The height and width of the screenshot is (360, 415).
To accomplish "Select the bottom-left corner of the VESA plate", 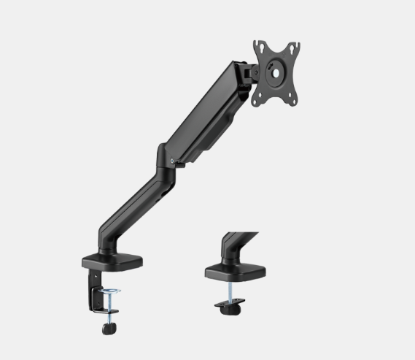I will tap(257, 101).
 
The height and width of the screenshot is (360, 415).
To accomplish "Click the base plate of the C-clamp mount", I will tap(113, 261).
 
